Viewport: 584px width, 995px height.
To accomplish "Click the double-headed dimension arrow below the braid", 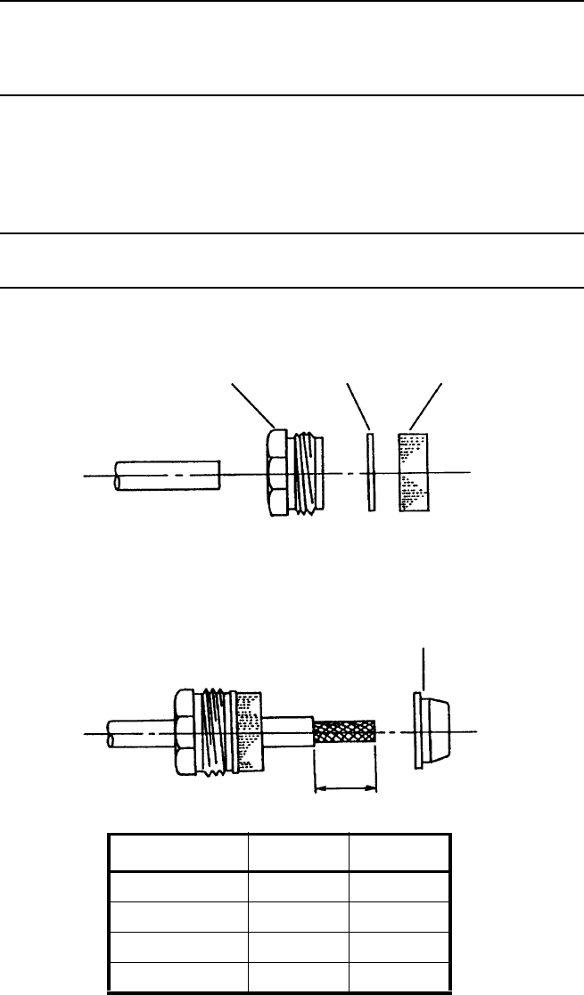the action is tap(346, 787).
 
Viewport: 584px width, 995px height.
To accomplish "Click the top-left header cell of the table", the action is tap(177, 852).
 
